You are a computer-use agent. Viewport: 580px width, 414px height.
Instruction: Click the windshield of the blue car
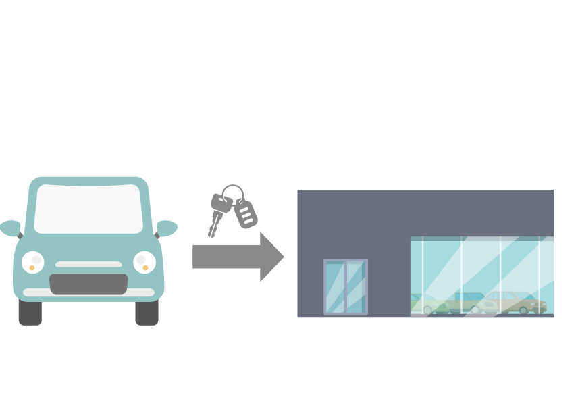[x=88, y=209]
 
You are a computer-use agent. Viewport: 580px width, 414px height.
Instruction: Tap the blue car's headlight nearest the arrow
[x=144, y=262]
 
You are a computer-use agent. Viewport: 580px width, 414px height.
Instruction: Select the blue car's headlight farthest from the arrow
[x=32, y=262]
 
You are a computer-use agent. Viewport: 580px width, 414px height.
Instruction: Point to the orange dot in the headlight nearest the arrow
[x=144, y=268]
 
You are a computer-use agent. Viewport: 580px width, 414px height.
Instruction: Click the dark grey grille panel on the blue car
[x=88, y=284]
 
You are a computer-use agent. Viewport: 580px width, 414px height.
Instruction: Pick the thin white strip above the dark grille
[x=88, y=265]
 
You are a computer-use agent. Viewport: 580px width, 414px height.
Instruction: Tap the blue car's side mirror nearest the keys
[x=166, y=228]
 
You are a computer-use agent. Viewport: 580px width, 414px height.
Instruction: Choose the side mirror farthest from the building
[x=10, y=228]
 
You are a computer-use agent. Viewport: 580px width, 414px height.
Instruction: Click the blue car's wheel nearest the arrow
[x=147, y=313]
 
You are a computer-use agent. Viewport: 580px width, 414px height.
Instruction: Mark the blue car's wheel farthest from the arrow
[x=30, y=313]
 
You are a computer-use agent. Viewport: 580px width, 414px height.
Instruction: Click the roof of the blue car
[x=88, y=181]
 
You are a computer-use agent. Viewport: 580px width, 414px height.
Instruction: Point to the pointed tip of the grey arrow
[x=283, y=257]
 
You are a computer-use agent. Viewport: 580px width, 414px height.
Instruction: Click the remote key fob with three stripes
[x=246, y=213]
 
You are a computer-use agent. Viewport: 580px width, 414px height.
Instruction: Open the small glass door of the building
[x=345, y=287]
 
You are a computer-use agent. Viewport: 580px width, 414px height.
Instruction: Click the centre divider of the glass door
[x=345, y=287]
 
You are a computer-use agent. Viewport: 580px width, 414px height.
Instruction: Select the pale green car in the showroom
[x=429, y=305]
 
